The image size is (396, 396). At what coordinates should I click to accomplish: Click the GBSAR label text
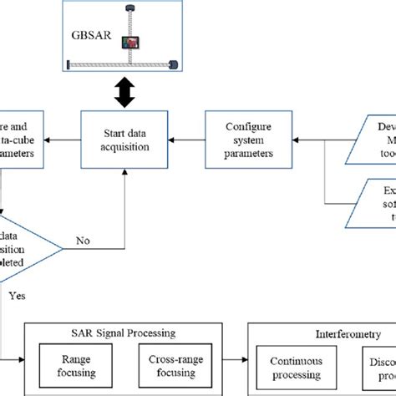[x=91, y=37]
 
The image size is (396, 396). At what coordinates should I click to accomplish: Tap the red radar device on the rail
[x=132, y=42]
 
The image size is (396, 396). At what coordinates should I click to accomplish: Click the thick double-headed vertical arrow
[x=124, y=92]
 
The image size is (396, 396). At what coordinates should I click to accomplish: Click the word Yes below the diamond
[x=16, y=295]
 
